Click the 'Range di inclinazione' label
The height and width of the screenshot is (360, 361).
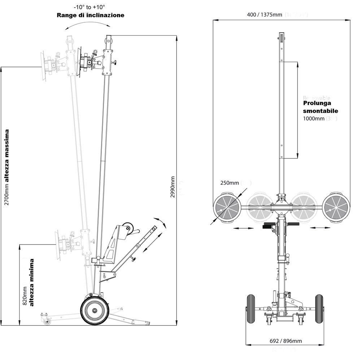tap(90, 15)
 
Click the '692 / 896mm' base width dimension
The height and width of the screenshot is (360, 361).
tap(286, 341)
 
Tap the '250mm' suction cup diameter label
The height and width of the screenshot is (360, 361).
tap(228, 183)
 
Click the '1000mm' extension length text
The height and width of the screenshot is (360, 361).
tap(314, 118)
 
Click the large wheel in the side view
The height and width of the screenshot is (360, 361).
tap(95, 311)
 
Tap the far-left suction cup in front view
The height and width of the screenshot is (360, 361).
tap(227, 207)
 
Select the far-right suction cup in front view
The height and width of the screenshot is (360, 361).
tap(336, 207)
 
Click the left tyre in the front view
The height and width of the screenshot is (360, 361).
tap(250, 309)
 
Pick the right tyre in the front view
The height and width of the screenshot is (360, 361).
tap(319, 309)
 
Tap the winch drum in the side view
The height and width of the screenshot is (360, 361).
tap(128, 229)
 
